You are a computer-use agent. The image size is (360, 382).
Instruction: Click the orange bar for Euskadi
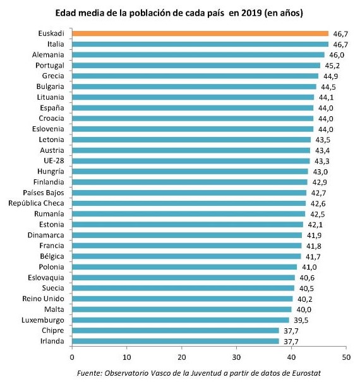200,33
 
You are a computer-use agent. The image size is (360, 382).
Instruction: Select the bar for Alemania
198,55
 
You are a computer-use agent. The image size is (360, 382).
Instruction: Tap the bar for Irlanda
176,341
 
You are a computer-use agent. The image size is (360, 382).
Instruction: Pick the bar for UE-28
191,160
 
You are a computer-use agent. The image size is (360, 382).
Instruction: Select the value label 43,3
322,160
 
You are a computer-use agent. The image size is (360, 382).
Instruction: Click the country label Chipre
54,330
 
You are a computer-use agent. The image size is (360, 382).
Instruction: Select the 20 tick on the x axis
182,356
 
